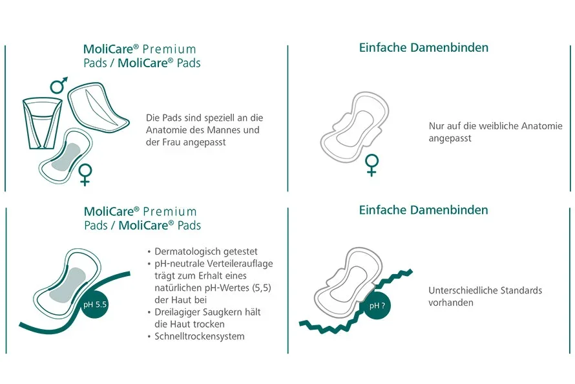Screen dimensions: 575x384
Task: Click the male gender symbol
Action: pos(59,85)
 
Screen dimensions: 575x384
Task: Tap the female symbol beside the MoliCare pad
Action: pos(85,175)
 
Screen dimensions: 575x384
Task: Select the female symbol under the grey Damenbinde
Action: pos(371,165)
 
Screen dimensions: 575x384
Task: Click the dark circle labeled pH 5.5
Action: pos(94,304)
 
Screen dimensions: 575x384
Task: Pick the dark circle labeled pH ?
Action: pos(377,305)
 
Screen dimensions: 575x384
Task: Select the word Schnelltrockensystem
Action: pos(200,336)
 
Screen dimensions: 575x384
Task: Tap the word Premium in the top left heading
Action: pos(169,49)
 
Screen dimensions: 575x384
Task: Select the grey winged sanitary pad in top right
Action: pos(354,127)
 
